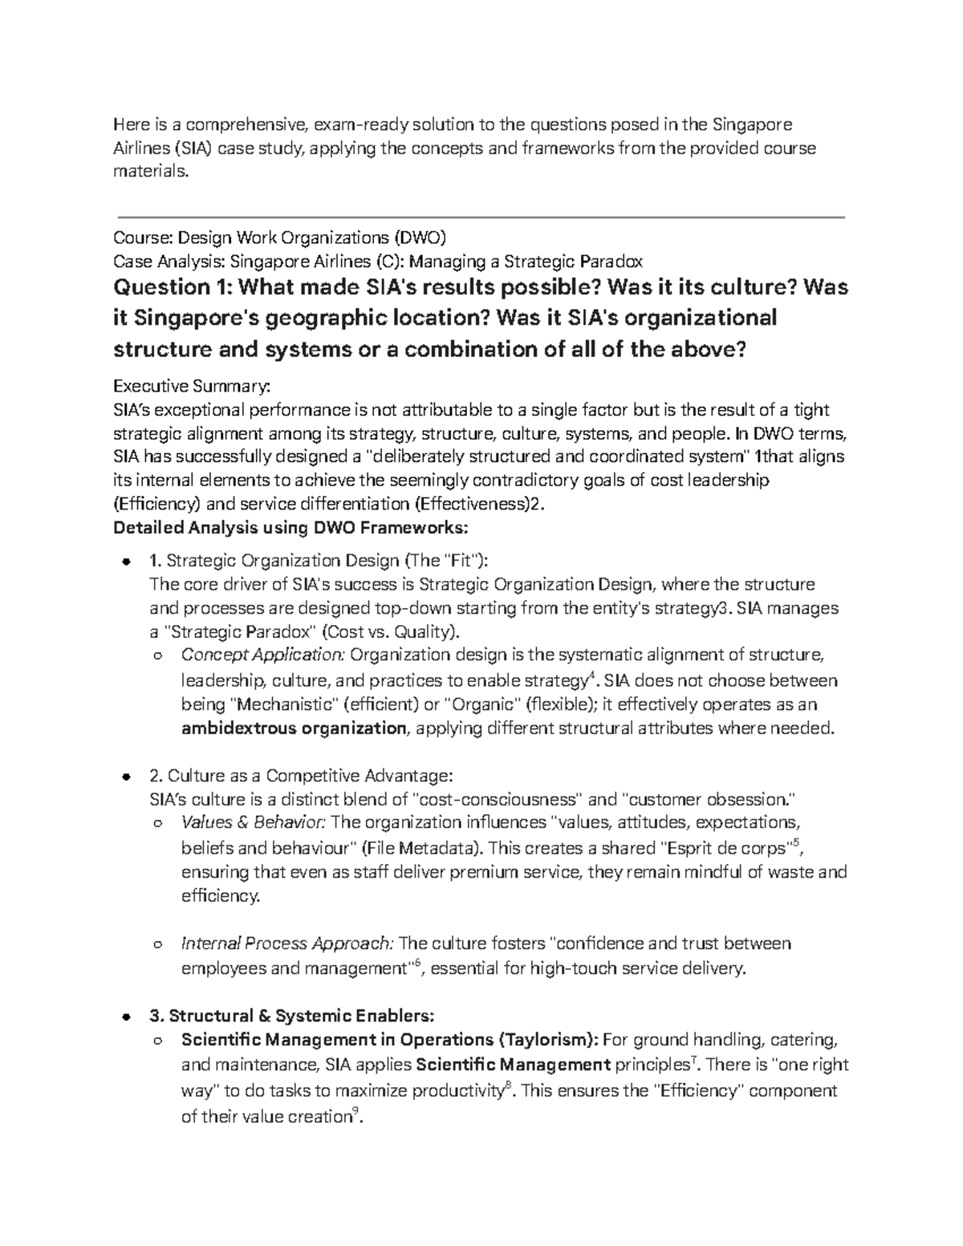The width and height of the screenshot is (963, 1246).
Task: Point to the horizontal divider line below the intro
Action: [481, 217]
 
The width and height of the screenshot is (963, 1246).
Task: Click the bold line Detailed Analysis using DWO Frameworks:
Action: [290, 528]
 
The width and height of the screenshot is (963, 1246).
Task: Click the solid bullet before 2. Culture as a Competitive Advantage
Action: [125, 777]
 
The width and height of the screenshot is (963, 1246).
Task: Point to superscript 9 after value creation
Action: [356, 1110]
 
